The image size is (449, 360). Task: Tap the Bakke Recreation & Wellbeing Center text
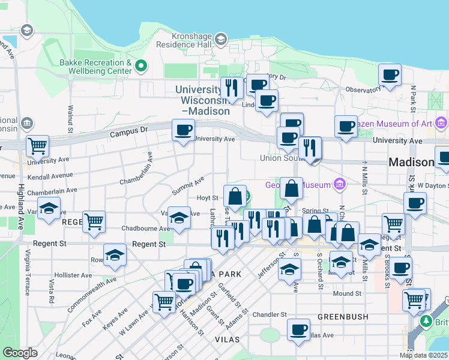95,67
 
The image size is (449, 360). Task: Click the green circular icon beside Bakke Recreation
142,65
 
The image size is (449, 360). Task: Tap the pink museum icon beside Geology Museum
339,182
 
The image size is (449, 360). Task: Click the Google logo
20,353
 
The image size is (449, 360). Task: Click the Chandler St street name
270,314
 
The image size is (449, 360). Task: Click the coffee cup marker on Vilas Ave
298,329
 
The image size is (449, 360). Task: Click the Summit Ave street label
188,185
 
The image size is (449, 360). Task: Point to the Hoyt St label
206,197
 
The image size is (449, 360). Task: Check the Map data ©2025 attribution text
424,355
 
